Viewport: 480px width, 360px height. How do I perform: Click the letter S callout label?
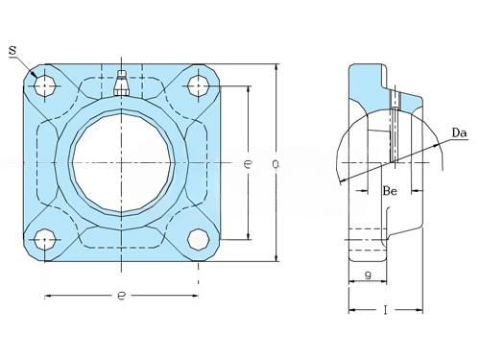tap(12, 51)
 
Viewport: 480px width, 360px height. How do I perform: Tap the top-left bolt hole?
tap(44, 85)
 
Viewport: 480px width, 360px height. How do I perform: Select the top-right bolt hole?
tap(198, 85)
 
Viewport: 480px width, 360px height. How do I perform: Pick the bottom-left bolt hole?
tap(44, 240)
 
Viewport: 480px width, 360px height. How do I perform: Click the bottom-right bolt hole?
tap(198, 240)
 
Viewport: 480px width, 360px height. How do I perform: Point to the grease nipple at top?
tap(121, 84)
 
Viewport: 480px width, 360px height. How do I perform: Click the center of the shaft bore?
tap(121, 163)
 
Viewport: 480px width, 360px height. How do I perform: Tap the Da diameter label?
tap(459, 132)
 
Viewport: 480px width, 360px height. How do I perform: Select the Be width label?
tap(390, 191)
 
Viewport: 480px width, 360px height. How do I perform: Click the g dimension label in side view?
tap(368, 275)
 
